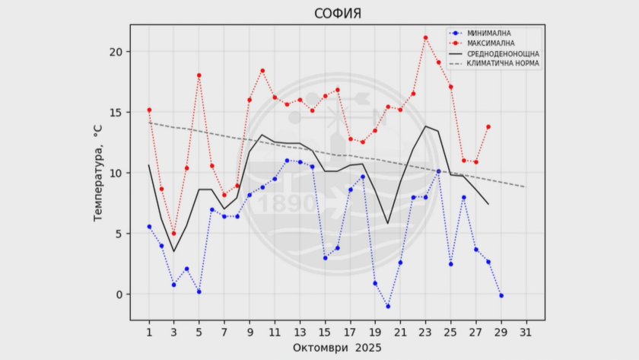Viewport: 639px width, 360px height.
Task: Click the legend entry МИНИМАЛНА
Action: [488, 33]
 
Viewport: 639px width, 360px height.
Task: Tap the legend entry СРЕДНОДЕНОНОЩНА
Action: [503, 54]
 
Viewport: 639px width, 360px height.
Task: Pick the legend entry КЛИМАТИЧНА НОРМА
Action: [503, 64]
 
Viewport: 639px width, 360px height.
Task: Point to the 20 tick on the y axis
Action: [115, 52]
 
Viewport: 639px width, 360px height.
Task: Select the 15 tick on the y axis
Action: [115, 113]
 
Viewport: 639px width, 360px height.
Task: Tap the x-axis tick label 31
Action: [526, 332]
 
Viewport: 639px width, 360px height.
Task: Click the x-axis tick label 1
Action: [149, 332]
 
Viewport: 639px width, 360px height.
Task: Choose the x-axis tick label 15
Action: [325, 332]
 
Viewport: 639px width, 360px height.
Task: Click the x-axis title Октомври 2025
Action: [337, 347]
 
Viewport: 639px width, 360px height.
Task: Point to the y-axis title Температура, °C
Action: [98, 174]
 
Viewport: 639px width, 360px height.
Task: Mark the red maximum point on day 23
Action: [425, 37]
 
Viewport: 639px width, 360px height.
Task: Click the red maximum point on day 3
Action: [174, 233]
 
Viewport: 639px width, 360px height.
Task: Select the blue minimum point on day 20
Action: [388, 306]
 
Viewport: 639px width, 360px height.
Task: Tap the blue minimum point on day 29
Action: [501, 295]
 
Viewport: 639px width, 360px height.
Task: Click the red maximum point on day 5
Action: [199, 75]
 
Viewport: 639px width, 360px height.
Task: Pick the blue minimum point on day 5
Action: [199, 292]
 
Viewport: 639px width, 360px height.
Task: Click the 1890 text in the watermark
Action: [287, 204]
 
